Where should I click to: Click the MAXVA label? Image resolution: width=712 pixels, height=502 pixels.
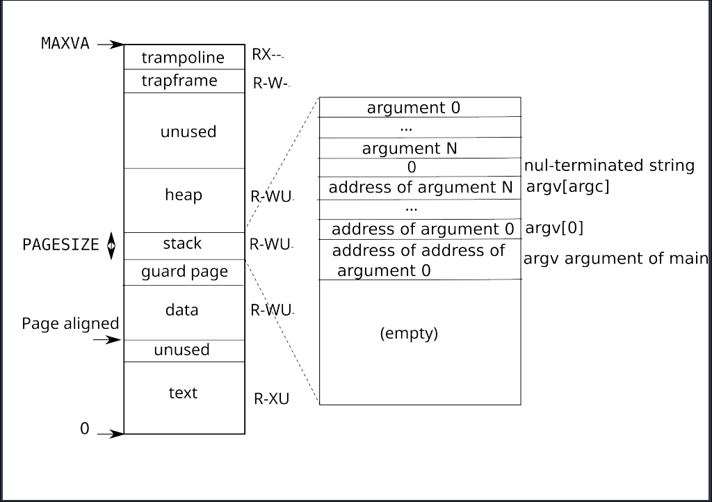pos(65,43)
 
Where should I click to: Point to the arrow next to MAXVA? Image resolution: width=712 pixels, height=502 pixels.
pos(110,44)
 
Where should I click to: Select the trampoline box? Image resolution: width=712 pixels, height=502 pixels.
pos(184,57)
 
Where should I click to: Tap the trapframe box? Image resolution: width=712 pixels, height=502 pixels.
pos(184,81)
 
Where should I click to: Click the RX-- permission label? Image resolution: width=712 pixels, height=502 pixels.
pos(268,56)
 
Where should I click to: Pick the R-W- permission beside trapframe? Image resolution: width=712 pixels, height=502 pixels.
pos(270,83)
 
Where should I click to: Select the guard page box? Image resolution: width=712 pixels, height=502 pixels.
pos(184,272)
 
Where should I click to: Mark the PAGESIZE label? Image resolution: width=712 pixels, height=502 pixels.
pos(61,245)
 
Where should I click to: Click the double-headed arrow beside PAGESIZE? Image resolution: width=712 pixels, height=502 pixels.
pos(111,246)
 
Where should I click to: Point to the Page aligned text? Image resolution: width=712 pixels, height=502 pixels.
pos(70,324)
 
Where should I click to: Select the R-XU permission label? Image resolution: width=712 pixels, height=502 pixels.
pos(271,399)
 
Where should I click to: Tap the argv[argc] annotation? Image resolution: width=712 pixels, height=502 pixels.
pos(567,187)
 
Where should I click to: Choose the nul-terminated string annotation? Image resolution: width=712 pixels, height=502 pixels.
pos(609,165)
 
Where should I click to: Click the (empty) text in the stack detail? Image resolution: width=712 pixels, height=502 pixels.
pos(409,334)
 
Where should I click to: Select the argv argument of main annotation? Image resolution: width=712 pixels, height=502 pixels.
pos(615,259)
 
